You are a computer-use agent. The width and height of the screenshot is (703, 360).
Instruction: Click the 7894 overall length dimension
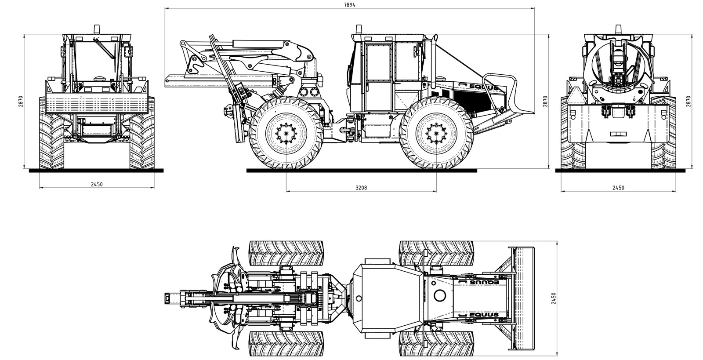click(x=350, y=5)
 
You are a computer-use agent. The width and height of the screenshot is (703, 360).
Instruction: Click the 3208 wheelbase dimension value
click(x=361, y=188)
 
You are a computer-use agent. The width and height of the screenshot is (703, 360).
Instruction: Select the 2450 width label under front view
click(x=97, y=185)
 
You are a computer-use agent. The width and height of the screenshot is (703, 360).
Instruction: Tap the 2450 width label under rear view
click(x=618, y=188)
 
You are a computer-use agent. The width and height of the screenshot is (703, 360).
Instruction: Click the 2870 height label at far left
click(x=21, y=102)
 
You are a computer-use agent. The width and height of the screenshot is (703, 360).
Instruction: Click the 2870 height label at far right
click(x=689, y=102)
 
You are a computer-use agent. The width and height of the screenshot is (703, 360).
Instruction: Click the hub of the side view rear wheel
click(x=286, y=133)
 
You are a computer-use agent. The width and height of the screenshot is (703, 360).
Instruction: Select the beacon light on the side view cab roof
click(x=359, y=29)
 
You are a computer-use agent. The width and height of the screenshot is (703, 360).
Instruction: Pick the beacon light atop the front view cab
click(x=96, y=29)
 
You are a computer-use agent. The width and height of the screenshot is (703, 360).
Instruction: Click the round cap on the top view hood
click(x=439, y=295)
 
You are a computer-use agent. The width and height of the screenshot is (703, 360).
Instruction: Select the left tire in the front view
click(x=51, y=134)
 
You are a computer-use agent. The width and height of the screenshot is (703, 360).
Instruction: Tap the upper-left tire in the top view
click(x=286, y=253)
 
